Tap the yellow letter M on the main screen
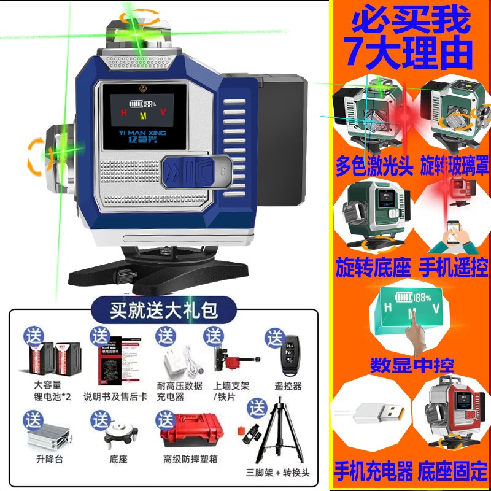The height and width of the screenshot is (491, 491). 143,115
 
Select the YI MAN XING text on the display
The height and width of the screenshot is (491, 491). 142,130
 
